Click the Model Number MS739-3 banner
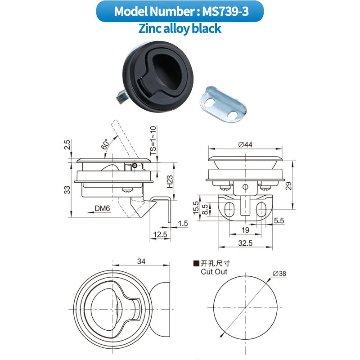pyautogui.click(x=180, y=11)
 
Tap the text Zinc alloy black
pyautogui.click(x=180, y=29)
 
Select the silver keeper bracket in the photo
pyautogui.click(x=224, y=104)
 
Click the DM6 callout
pyautogui.click(x=103, y=208)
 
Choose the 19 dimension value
pyautogui.click(x=246, y=230)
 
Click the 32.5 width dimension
pyautogui.click(x=245, y=243)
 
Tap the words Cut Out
pyautogui.click(x=214, y=272)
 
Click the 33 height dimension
pyautogui.click(x=67, y=190)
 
